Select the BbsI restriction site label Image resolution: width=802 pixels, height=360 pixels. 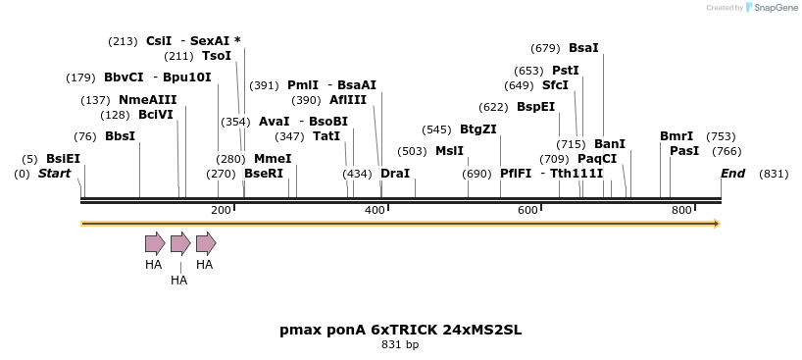120,136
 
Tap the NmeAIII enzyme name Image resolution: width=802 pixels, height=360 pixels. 147,100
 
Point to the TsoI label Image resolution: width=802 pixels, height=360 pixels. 216,56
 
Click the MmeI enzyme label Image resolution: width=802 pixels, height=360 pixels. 273,159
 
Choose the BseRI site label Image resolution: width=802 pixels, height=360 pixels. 263,174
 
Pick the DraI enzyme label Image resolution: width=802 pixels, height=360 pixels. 395,174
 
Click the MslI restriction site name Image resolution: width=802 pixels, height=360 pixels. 449,151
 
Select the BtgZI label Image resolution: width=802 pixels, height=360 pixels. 478,129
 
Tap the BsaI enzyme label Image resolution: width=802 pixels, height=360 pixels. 583,48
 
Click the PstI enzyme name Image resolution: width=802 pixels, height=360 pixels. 566,71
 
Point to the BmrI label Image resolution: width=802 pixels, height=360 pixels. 677,136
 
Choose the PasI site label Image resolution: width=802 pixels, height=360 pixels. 684,151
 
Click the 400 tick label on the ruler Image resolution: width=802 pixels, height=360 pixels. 375,210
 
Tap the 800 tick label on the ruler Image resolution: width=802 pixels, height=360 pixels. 681,210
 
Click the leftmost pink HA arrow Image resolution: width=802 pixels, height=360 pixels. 155,243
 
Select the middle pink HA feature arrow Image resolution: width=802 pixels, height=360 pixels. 180,243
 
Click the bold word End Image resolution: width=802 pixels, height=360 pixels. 732,174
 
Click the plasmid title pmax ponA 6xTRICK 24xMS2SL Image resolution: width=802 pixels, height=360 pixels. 400,330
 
